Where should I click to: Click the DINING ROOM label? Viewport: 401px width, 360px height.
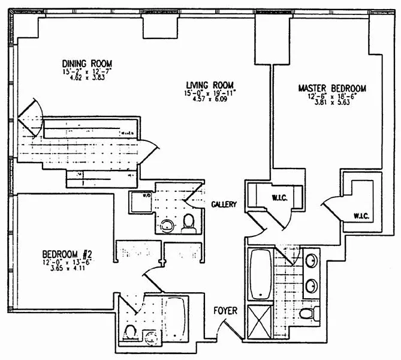[88, 64]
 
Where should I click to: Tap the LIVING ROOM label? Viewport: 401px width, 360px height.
[209, 85]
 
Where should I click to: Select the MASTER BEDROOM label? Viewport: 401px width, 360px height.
[331, 88]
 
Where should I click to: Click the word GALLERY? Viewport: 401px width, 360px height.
[224, 204]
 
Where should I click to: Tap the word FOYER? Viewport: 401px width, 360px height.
[225, 311]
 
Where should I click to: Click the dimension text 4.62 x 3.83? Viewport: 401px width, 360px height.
[88, 78]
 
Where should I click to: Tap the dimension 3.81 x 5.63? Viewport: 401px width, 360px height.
[331, 102]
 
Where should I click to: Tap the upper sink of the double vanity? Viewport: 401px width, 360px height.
[311, 261]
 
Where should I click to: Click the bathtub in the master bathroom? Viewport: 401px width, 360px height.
[261, 274]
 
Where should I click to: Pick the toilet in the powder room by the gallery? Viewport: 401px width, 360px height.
[189, 223]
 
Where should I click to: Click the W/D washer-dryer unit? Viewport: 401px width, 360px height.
[140, 203]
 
